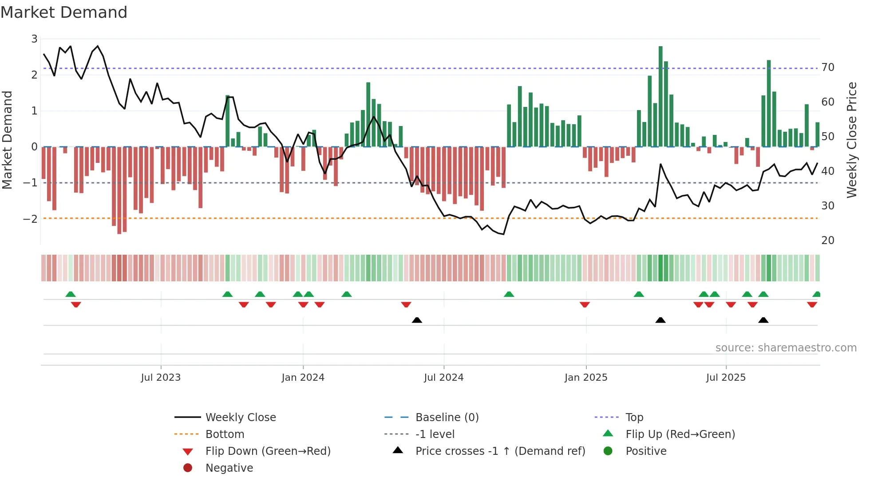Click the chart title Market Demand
[x=64, y=12]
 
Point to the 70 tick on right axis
[x=828, y=67]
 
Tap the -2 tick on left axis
[x=30, y=219]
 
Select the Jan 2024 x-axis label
[x=303, y=378]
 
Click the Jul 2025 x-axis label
[x=726, y=378]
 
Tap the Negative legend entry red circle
[x=188, y=468]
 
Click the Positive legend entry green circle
[x=608, y=451]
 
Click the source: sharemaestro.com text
[x=786, y=348]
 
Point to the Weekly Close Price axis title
[x=852, y=140]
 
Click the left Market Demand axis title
[x=7, y=140]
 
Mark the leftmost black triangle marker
[x=417, y=320]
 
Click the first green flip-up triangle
[x=71, y=294]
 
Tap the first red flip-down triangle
[x=76, y=304]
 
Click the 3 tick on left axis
[x=34, y=39]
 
